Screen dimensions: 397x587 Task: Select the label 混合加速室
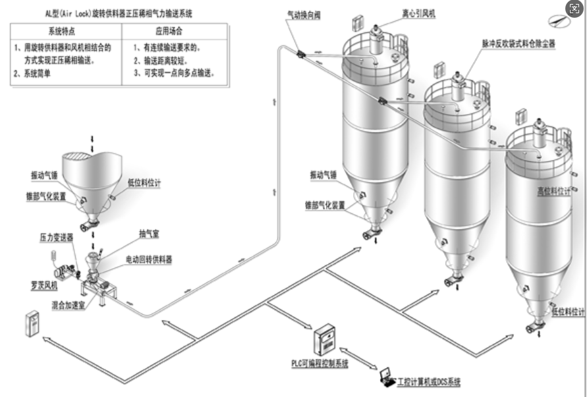pos(68,305)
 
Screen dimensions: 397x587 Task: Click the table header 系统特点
pos(67,30)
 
